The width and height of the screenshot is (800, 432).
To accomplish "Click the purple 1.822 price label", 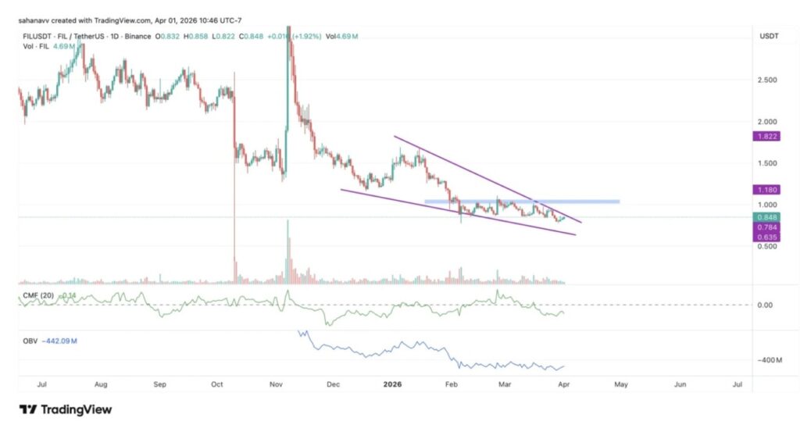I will click(x=762, y=136).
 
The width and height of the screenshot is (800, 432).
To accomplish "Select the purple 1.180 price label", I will click(x=762, y=189).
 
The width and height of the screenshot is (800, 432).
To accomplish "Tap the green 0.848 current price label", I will click(x=762, y=217).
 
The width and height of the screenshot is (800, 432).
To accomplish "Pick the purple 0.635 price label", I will click(x=762, y=236).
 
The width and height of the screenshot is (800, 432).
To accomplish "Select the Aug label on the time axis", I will click(x=101, y=385).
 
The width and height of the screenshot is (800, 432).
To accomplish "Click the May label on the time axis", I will click(x=621, y=385).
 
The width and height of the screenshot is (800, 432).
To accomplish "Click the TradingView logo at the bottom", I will click(x=66, y=409).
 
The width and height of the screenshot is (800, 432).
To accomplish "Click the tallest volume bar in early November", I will click(x=288, y=250).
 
